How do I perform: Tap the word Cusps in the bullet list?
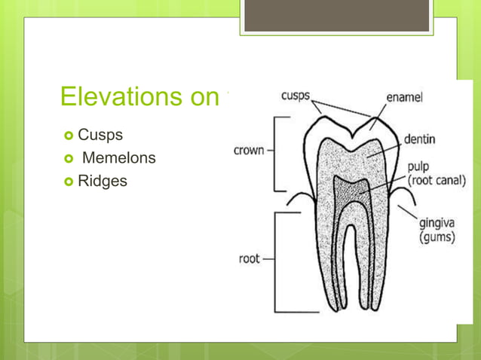(100, 136)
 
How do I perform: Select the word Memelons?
(118, 158)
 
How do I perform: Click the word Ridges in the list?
(103, 181)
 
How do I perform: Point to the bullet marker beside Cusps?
(69, 136)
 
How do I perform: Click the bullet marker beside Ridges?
(69, 182)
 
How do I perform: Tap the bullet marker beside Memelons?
(69, 159)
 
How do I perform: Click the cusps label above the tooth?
(297, 96)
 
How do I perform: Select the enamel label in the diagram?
(404, 98)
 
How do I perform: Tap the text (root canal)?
(437, 181)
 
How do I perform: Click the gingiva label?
(437, 224)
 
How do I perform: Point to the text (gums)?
(437, 237)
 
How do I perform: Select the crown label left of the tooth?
(249, 150)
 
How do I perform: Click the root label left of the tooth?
(249, 258)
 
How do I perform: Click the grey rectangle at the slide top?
(336, 16)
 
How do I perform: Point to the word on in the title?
(201, 97)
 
